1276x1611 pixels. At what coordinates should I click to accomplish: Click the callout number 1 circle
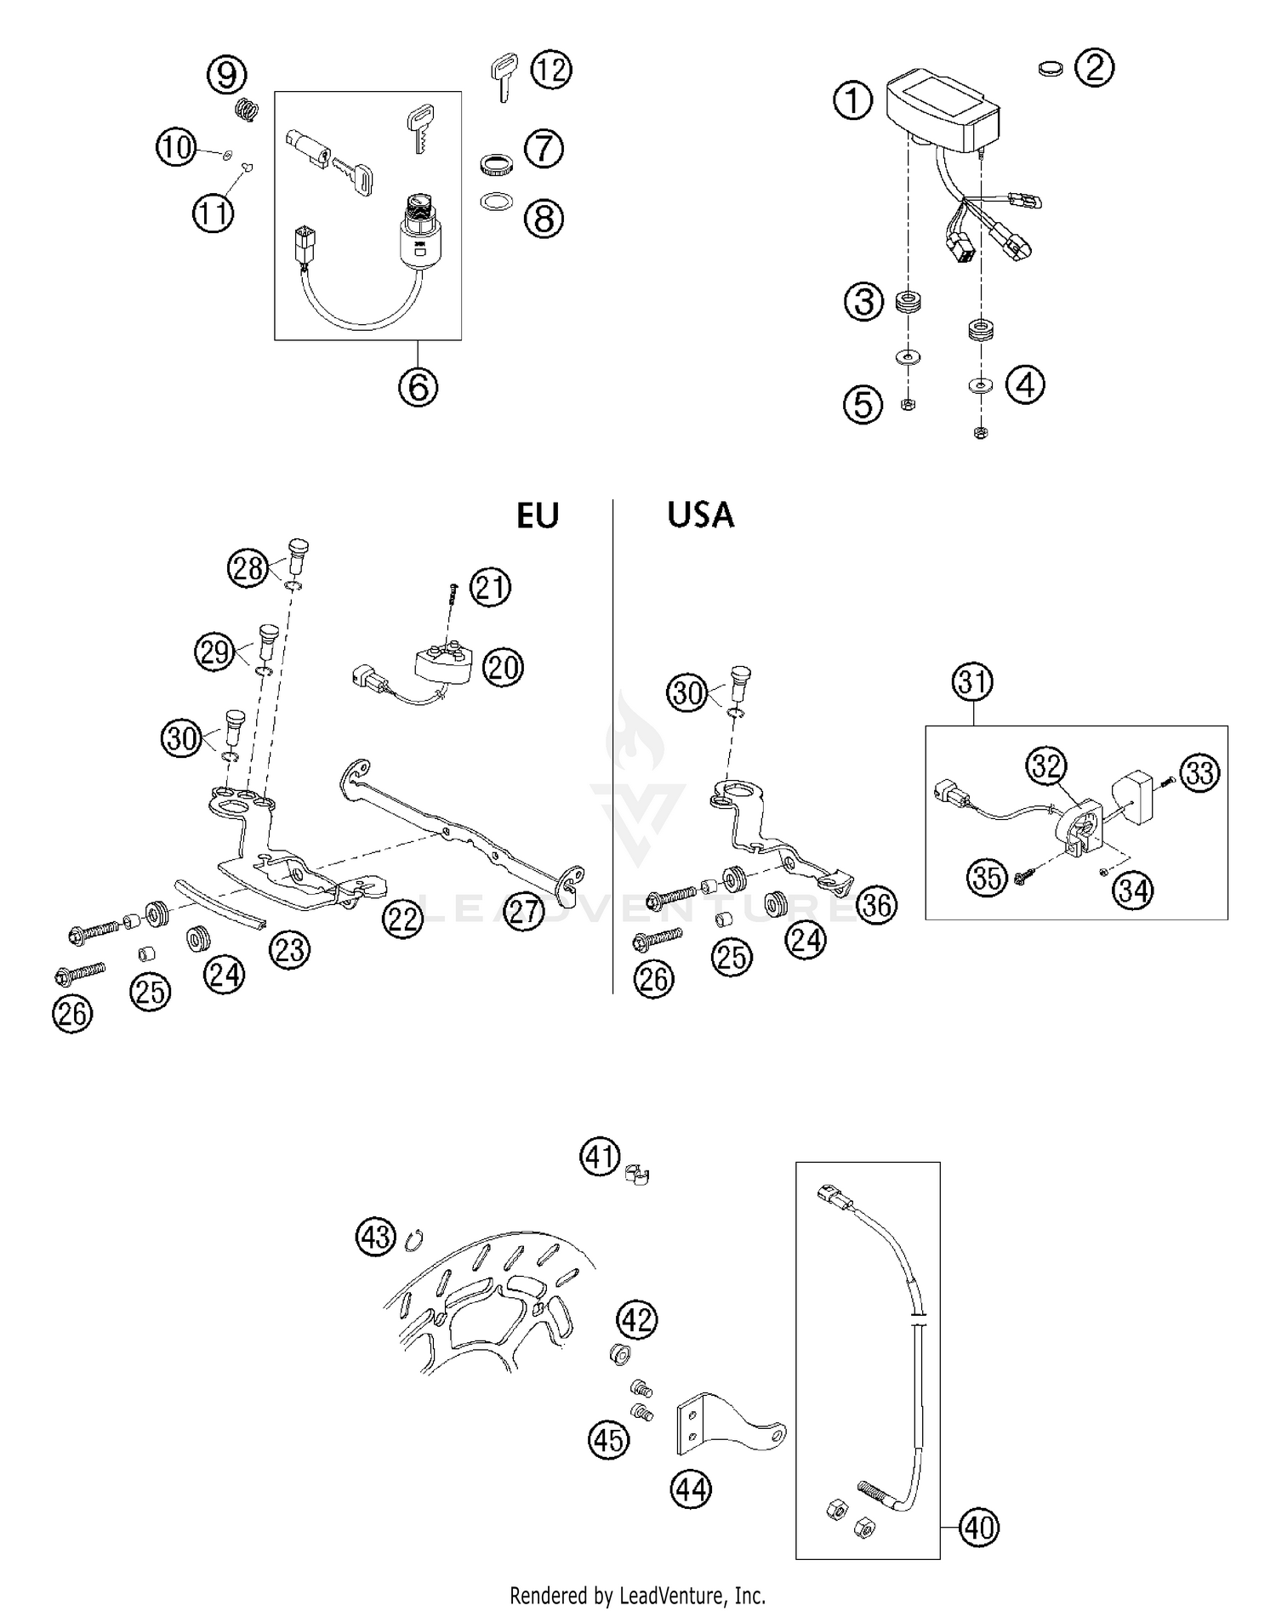[x=853, y=101]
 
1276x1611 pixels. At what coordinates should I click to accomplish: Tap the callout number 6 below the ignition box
[x=418, y=387]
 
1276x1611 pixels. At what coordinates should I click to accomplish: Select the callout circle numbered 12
[x=551, y=70]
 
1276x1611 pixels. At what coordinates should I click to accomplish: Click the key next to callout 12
[x=504, y=76]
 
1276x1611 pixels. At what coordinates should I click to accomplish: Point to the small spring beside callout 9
[x=246, y=110]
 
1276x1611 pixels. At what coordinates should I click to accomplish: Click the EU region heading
[x=538, y=515]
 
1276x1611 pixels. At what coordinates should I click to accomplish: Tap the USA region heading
[x=700, y=515]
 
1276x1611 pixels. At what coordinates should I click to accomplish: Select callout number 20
[x=503, y=668]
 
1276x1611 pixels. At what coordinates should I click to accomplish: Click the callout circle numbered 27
[x=524, y=911]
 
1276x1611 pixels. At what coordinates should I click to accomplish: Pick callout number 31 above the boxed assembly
[x=973, y=681]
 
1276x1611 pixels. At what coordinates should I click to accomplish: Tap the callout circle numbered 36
[x=877, y=905]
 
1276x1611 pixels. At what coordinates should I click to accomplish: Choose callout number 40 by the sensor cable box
[x=978, y=1528]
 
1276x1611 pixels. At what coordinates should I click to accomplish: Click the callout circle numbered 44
[x=691, y=1489]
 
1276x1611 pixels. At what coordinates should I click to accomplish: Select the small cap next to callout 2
[x=1052, y=69]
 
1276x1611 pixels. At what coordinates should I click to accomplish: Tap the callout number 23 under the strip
[x=290, y=949]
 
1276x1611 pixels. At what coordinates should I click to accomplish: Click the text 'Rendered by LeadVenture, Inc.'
[x=638, y=1595]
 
